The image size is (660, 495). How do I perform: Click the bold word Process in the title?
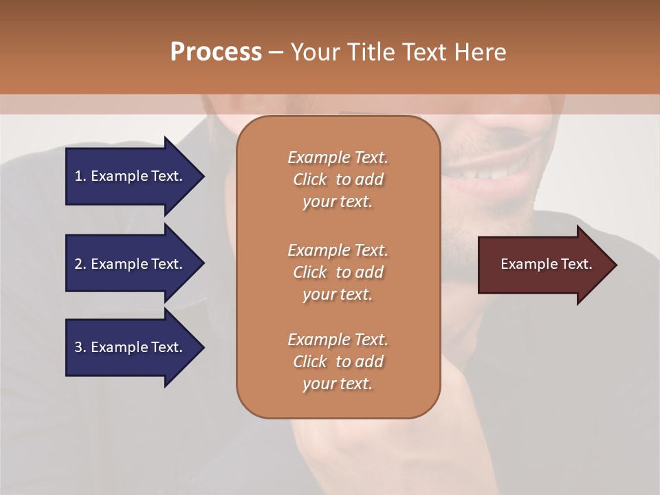click(216, 52)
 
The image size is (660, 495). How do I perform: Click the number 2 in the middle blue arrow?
click(78, 264)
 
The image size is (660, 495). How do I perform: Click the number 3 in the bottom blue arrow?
click(78, 347)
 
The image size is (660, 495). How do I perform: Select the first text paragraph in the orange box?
click(338, 179)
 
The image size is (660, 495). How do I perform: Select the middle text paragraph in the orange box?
click(338, 272)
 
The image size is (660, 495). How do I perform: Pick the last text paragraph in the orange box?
click(338, 362)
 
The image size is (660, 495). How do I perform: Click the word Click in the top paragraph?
click(309, 179)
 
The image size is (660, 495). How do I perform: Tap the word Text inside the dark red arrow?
click(576, 264)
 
